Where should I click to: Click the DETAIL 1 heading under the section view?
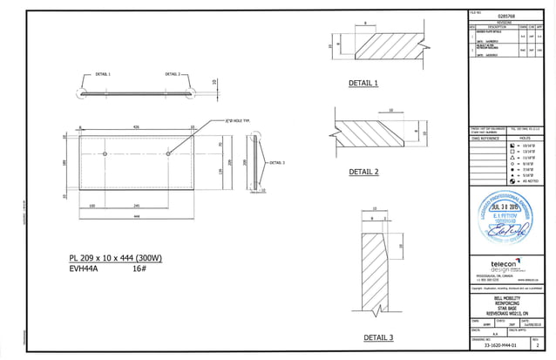[363, 83]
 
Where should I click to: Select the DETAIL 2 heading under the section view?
[363, 172]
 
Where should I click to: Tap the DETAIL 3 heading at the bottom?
[378, 337]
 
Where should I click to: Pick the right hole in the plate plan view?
[168, 153]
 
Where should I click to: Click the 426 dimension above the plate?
[136, 127]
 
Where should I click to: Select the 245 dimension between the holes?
[137, 206]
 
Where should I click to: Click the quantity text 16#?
[139, 270]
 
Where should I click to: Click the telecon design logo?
[505, 266]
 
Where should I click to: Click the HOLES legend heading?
[525, 138]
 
